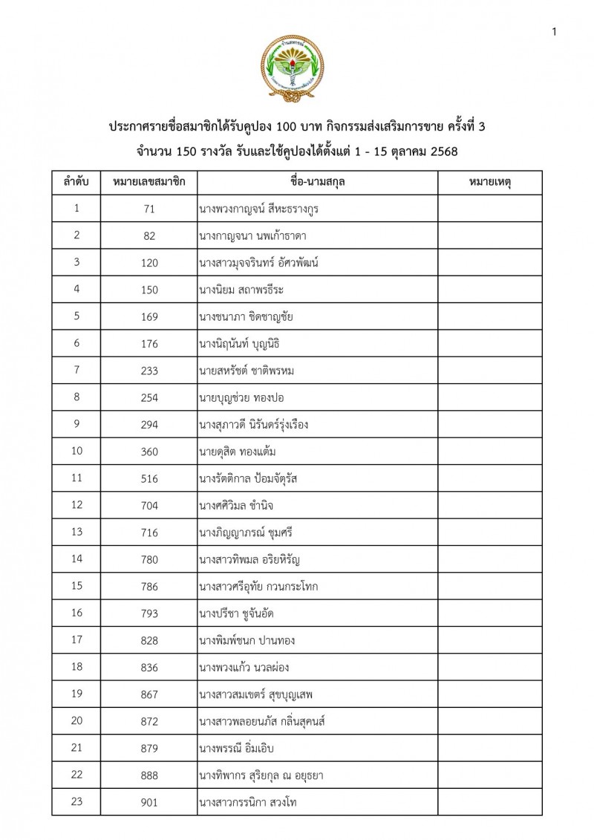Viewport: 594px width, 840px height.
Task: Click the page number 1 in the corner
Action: [555, 31]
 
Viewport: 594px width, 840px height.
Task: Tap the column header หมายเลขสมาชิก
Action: [149, 182]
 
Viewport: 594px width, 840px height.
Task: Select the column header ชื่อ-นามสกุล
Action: [317, 182]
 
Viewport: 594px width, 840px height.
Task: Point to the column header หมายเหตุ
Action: [489, 182]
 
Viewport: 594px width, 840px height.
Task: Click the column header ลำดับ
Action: [77, 182]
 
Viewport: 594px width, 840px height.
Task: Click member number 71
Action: [149, 209]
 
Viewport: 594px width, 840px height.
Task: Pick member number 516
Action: [149, 478]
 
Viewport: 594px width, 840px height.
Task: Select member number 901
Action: [149, 802]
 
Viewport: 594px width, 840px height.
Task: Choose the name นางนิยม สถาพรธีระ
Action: [247, 290]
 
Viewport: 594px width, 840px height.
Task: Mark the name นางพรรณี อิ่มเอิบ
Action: [242, 749]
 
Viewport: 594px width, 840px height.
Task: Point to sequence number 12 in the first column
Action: [77, 505]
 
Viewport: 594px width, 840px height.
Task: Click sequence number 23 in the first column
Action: [77, 802]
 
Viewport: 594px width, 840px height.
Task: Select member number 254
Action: [149, 397]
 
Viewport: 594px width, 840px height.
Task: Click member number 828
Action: [149, 640]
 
